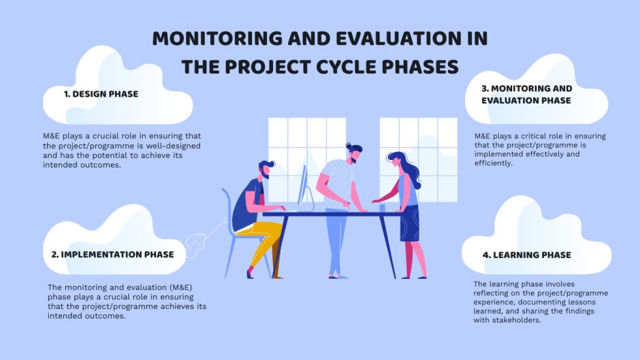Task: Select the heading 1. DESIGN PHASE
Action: coord(101,95)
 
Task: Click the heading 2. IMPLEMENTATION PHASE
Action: coord(112,255)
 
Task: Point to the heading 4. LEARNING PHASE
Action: coord(522,255)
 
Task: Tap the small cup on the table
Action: coord(383,207)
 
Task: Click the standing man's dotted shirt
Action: coord(338,182)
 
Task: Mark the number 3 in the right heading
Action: coord(485,88)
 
